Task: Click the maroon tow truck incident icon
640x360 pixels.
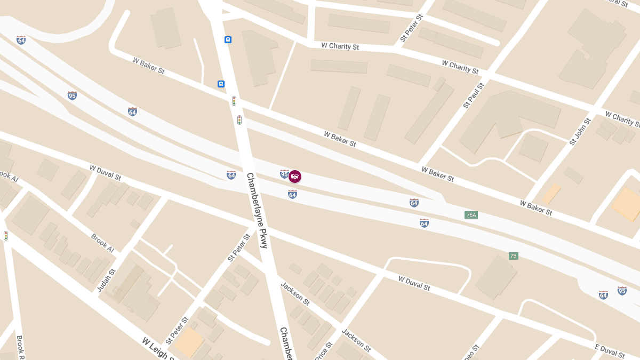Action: pos(294,177)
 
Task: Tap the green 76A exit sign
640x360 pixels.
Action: pos(471,215)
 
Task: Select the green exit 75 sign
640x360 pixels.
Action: pos(514,256)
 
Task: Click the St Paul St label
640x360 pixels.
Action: pos(474,95)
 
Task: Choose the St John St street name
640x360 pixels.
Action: pos(580,132)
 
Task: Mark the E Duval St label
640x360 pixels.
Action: pos(610,350)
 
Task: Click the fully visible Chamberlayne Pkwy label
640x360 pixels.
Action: pos(257,210)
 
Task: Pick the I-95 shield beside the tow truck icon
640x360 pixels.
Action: pos(284,174)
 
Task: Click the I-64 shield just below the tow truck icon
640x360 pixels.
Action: pos(292,195)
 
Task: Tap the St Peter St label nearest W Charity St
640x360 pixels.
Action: pos(411,28)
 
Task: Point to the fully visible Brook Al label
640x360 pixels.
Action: pos(102,243)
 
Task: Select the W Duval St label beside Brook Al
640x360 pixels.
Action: pos(105,172)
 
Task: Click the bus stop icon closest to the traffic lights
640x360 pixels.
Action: pos(221,84)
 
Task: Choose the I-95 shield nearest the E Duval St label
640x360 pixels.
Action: pos(622,291)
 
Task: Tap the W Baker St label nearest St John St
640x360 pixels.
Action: pos(536,207)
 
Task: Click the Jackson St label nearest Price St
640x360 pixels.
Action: pos(356,340)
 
